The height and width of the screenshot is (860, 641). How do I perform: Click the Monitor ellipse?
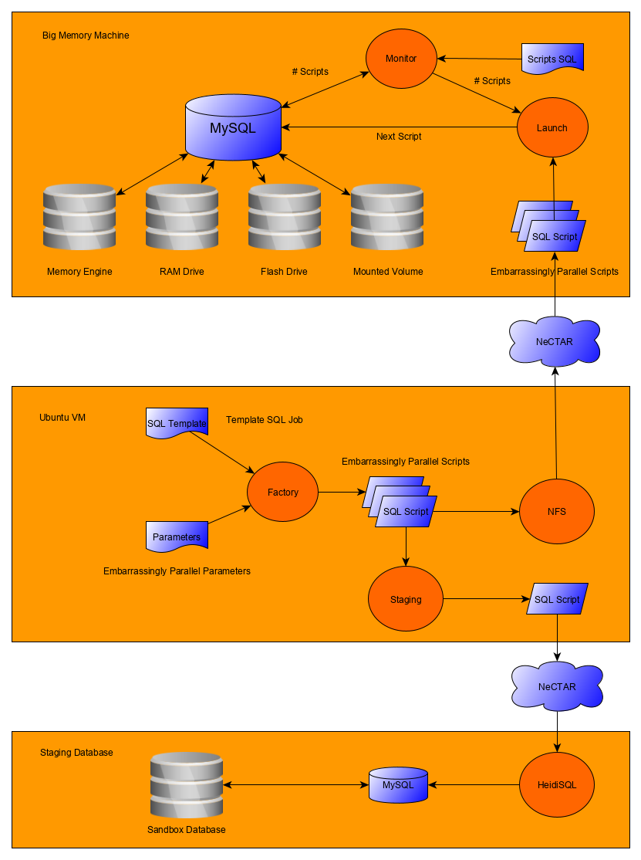pos(401,59)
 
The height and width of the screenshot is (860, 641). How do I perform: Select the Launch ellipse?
pos(552,128)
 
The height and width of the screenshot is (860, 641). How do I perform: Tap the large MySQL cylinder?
pos(233,127)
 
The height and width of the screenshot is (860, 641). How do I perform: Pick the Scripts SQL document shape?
pos(552,59)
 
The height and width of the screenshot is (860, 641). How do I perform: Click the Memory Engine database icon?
pos(79,217)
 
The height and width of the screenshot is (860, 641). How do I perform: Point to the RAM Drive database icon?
pos(182,217)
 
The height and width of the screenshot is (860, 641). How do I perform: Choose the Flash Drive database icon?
pos(285,217)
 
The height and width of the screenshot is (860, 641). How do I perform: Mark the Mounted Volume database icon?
pos(387,217)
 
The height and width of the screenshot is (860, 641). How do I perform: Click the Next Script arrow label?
pos(399,137)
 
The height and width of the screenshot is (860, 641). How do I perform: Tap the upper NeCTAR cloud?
pos(555,341)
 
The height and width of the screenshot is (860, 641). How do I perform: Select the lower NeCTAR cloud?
pos(557,686)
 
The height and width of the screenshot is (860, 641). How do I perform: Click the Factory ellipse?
pos(282,493)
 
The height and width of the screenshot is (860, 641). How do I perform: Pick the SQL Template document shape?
pos(177,423)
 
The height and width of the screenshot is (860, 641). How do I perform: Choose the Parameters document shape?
pos(177,537)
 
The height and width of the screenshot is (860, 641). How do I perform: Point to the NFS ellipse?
pos(556,512)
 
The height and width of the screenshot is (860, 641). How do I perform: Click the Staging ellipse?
pos(406,599)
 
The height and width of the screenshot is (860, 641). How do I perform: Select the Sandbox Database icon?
pos(187,785)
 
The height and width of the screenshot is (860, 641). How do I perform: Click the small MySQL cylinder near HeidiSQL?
pos(398,784)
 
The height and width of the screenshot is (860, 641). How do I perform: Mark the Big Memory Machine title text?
pos(86,36)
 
